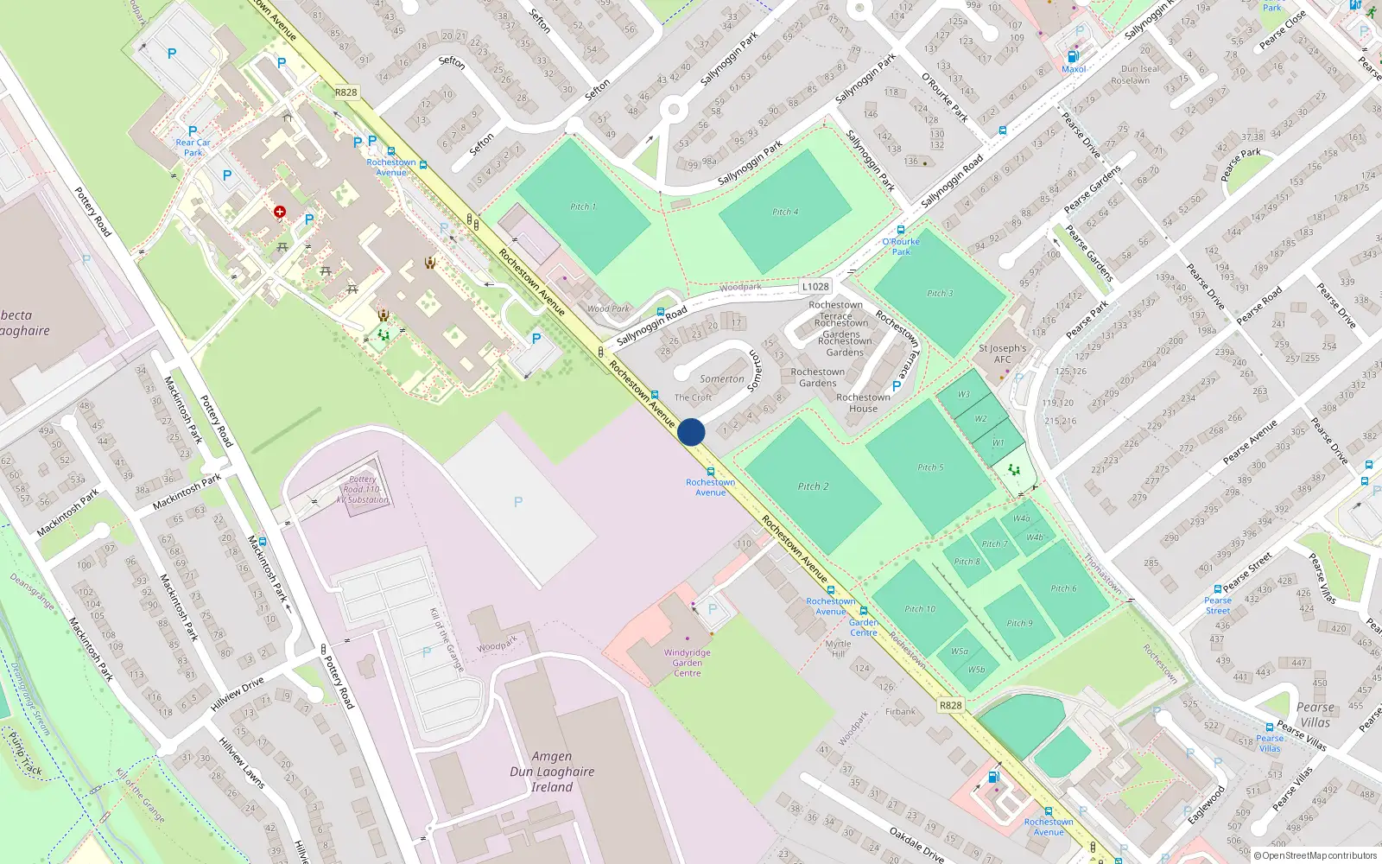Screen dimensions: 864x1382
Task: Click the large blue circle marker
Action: [x=691, y=432]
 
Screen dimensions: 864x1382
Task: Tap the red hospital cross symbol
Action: [x=280, y=212]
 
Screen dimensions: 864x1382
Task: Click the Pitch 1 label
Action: [x=583, y=206]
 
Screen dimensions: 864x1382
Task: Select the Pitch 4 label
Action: [x=785, y=212]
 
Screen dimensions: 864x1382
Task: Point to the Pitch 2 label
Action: [x=813, y=486]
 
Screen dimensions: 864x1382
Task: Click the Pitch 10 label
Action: [x=920, y=609]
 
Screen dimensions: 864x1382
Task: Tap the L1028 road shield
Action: [x=815, y=287]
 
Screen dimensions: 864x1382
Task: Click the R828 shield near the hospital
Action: [x=345, y=92]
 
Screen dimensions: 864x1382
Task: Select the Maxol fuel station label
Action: [x=1074, y=69]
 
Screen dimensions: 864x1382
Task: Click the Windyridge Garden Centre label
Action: [x=688, y=663]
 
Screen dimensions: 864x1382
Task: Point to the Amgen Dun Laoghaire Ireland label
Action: [x=552, y=772]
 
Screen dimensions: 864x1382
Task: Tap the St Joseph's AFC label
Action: [x=1002, y=354]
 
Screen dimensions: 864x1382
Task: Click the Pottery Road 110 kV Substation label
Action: [x=364, y=489]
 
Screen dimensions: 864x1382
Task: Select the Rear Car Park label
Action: [x=193, y=148]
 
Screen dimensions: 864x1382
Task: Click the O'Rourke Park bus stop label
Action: [x=901, y=247]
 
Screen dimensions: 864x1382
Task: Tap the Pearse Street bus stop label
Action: [x=1218, y=606]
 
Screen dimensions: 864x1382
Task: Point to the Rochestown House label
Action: [x=863, y=403]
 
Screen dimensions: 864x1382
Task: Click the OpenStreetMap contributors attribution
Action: [x=1315, y=855]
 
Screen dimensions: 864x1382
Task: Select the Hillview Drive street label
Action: [x=238, y=694]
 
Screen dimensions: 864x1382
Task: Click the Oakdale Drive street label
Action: [x=916, y=844]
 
